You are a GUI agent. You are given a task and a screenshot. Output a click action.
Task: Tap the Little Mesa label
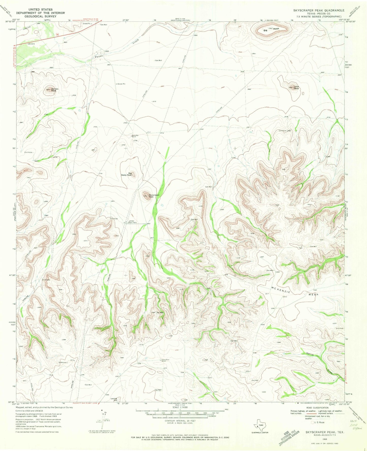pyautogui.click(x=296, y=87)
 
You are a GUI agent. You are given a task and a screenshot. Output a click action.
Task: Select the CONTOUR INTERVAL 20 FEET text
pyautogui.click(x=180, y=421)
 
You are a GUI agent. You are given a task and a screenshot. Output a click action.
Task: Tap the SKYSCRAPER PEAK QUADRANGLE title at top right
pyautogui.click(x=319, y=10)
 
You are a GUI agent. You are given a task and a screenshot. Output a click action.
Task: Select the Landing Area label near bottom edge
pyautogui.click(x=114, y=399)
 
